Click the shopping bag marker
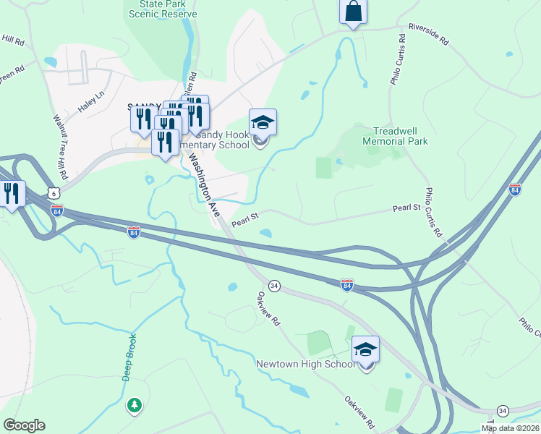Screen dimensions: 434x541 (x=353, y=12)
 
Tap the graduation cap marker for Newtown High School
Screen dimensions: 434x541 (x=366, y=351)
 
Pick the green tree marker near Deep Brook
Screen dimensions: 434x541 (x=134, y=405)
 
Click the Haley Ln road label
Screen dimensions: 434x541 (x=92, y=105)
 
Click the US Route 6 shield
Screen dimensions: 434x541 (x=51, y=192)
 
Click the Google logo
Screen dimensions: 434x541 (x=24, y=425)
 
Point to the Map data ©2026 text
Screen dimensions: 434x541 (x=511, y=428)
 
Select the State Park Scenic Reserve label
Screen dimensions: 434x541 (x=163, y=9)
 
